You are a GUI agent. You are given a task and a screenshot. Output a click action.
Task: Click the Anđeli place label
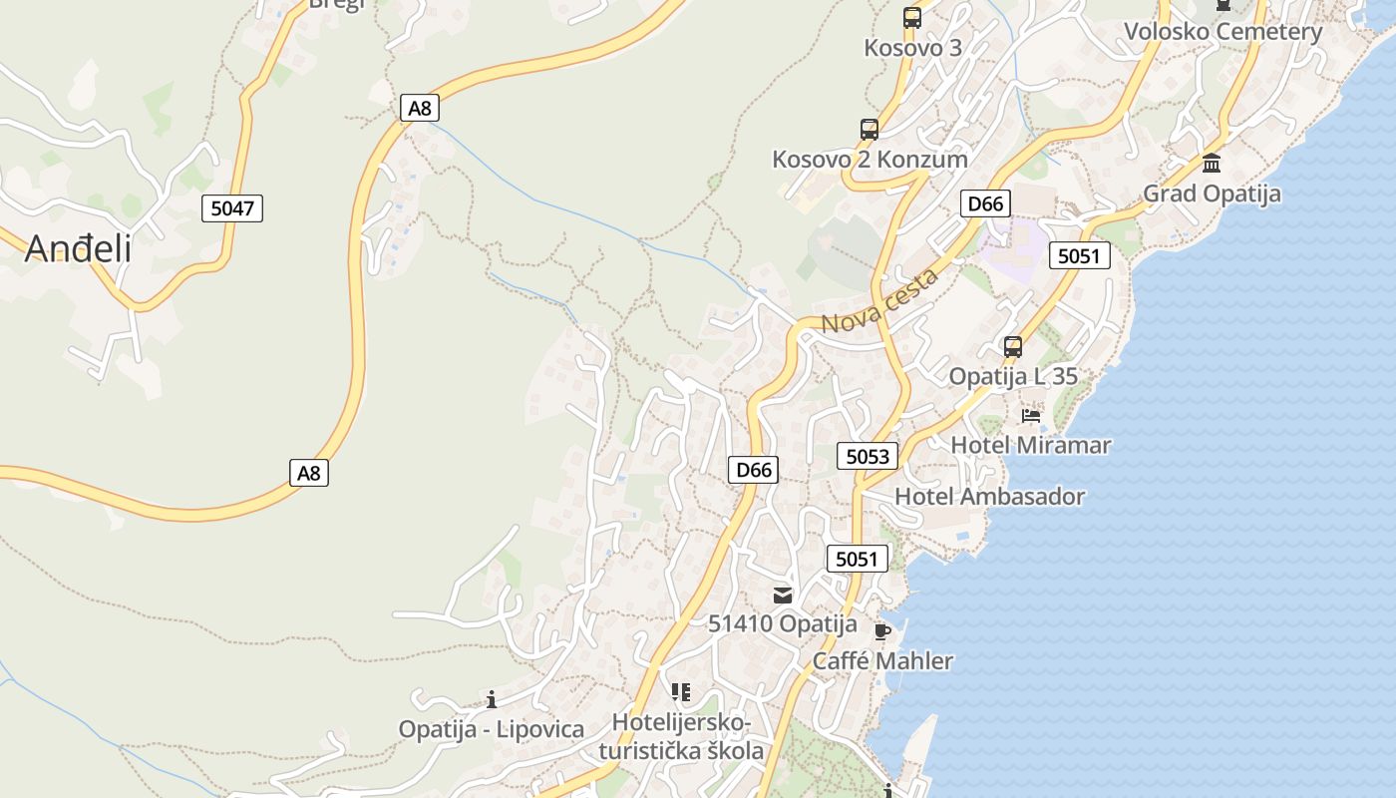78,248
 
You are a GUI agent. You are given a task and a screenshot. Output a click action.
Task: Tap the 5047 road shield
232,208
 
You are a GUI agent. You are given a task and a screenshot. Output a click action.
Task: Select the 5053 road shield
867,456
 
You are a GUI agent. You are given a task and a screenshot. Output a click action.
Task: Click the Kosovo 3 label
911,47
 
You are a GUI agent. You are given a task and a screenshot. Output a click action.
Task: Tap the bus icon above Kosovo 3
911,17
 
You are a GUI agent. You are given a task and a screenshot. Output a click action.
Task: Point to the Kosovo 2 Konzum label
870,159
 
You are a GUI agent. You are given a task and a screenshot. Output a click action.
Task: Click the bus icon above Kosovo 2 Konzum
869,129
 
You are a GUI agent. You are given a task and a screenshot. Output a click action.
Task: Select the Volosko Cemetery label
1222,31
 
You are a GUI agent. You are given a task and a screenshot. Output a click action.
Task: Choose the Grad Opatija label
1211,193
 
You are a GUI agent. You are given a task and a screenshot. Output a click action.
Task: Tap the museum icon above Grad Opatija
1212,163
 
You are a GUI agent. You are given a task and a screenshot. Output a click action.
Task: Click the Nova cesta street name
879,300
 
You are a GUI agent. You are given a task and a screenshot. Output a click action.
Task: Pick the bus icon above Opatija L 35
1013,347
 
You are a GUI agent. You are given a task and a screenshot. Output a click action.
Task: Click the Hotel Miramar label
1030,445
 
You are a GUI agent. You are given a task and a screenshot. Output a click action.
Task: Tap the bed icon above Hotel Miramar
1031,415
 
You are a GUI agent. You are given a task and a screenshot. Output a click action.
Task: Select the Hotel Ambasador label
989,496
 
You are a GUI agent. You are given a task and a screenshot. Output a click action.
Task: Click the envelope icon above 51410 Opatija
783,596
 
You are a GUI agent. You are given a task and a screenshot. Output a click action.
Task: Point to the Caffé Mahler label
882,660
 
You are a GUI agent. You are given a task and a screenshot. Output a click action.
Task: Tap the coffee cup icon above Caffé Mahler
881,630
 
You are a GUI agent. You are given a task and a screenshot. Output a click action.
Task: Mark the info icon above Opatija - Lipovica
491,699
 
